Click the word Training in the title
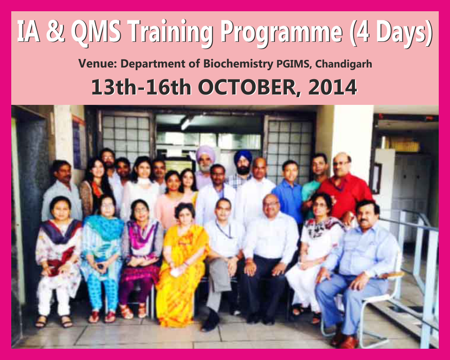tap(167, 32)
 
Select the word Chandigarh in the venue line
tap(344, 64)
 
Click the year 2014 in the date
tap(333, 87)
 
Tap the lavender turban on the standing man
tap(205, 152)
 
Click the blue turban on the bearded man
tap(243, 156)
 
